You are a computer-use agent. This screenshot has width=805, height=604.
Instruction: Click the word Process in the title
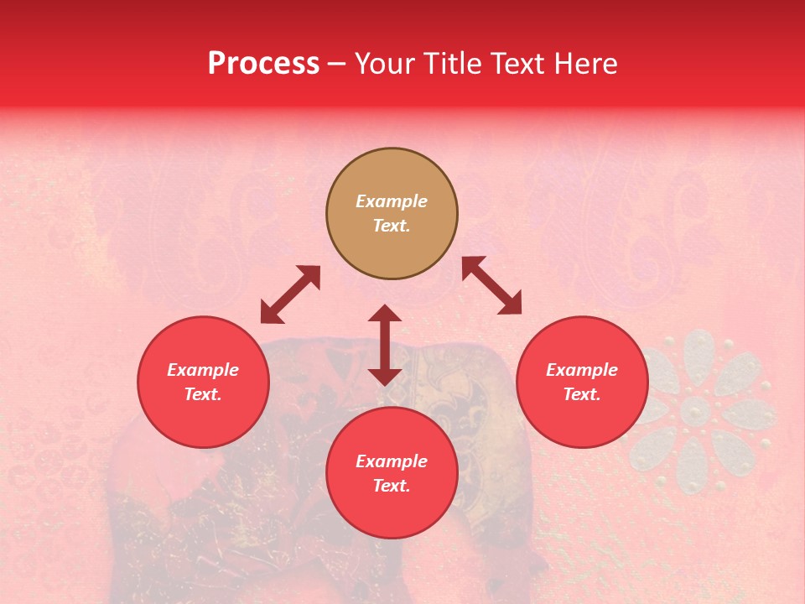(x=263, y=64)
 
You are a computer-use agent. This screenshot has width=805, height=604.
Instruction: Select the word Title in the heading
(x=452, y=64)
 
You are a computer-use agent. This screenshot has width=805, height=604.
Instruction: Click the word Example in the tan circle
(x=392, y=201)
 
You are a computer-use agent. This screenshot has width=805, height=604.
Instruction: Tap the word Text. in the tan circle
(x=392, y=226)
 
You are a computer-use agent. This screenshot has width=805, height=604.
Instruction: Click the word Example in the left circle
(x=203, y=370)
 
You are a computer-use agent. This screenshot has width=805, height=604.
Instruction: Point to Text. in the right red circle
(x=582, y=394)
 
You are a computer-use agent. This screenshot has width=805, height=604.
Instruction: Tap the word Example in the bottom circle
(x=392, y=461)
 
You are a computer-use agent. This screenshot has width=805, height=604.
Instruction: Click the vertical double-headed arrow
(x=385, y=345)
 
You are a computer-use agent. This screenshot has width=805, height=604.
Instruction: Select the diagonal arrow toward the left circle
(x=290, y=294)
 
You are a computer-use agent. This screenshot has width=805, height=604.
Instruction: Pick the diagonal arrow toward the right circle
(x=491, y=285)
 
